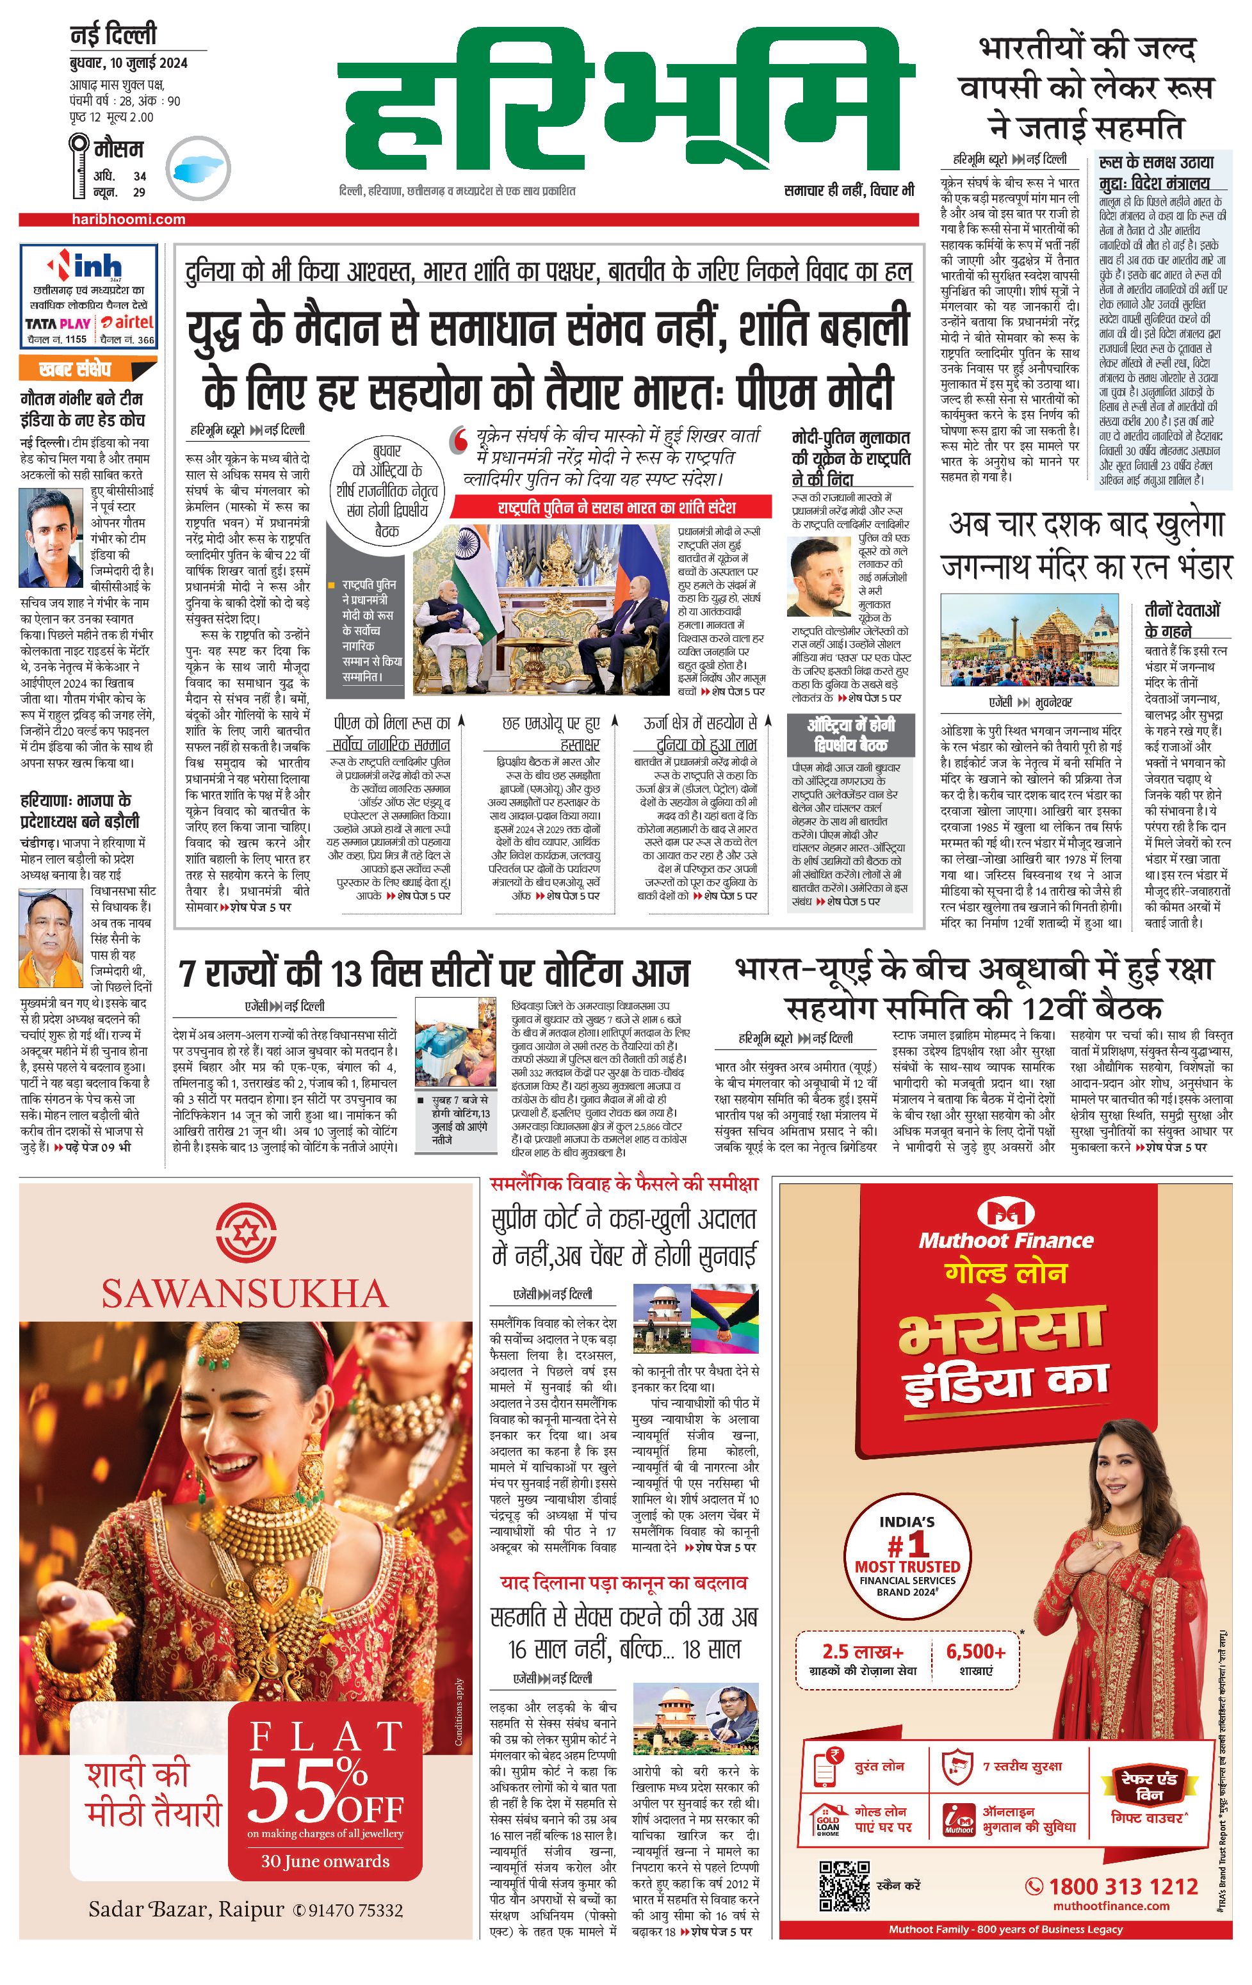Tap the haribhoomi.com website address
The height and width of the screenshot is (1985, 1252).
click(127, 219)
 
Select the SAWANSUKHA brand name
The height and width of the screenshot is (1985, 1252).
click(245, 1294)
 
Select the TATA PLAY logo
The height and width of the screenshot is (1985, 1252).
click(58, 324)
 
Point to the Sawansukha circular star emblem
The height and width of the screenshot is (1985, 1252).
click(244, 1233)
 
